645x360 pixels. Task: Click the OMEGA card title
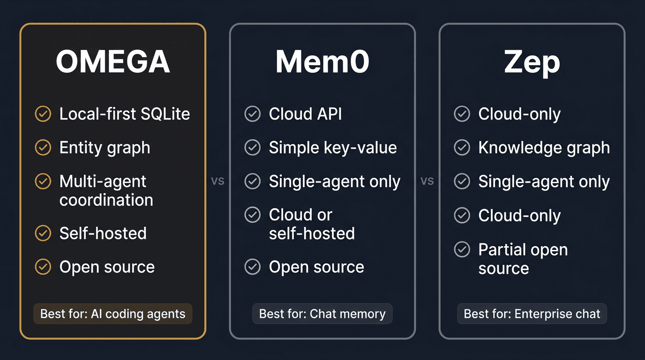click(x=112, y=62)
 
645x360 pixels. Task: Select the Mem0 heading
click(x=322, y=62)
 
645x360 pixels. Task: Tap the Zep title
click(x=532, y=62)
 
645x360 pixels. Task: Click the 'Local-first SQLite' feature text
click(x=125, y=114)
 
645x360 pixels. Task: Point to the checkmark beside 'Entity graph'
click(x=43, y=148)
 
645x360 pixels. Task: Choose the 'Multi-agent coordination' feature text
click(x=106, y=191)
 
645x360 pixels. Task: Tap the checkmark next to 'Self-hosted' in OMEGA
click(x=43, y=233)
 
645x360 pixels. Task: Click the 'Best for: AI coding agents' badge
click(x=113, y=314)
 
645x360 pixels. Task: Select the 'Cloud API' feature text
click(x=305, y=114)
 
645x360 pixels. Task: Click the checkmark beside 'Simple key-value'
click(x=253, y=148)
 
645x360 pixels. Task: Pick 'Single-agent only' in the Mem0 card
click(x=335, y=181)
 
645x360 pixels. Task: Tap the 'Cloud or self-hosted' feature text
click(x=312, y=224)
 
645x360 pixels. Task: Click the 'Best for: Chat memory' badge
click(x=322, y=314)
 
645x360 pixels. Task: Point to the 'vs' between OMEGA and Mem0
click(x=217, y=181)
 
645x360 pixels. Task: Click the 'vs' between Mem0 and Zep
click(x=427, y=181)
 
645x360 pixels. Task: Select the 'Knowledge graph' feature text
click(x=544, y=148)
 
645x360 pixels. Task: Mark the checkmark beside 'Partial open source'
click(x=462, y=249)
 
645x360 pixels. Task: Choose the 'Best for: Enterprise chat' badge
click(x=532, y=314)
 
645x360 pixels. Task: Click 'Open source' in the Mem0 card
click(x=316, y=267)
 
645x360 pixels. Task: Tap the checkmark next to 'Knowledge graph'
click(x=462, y=148)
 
